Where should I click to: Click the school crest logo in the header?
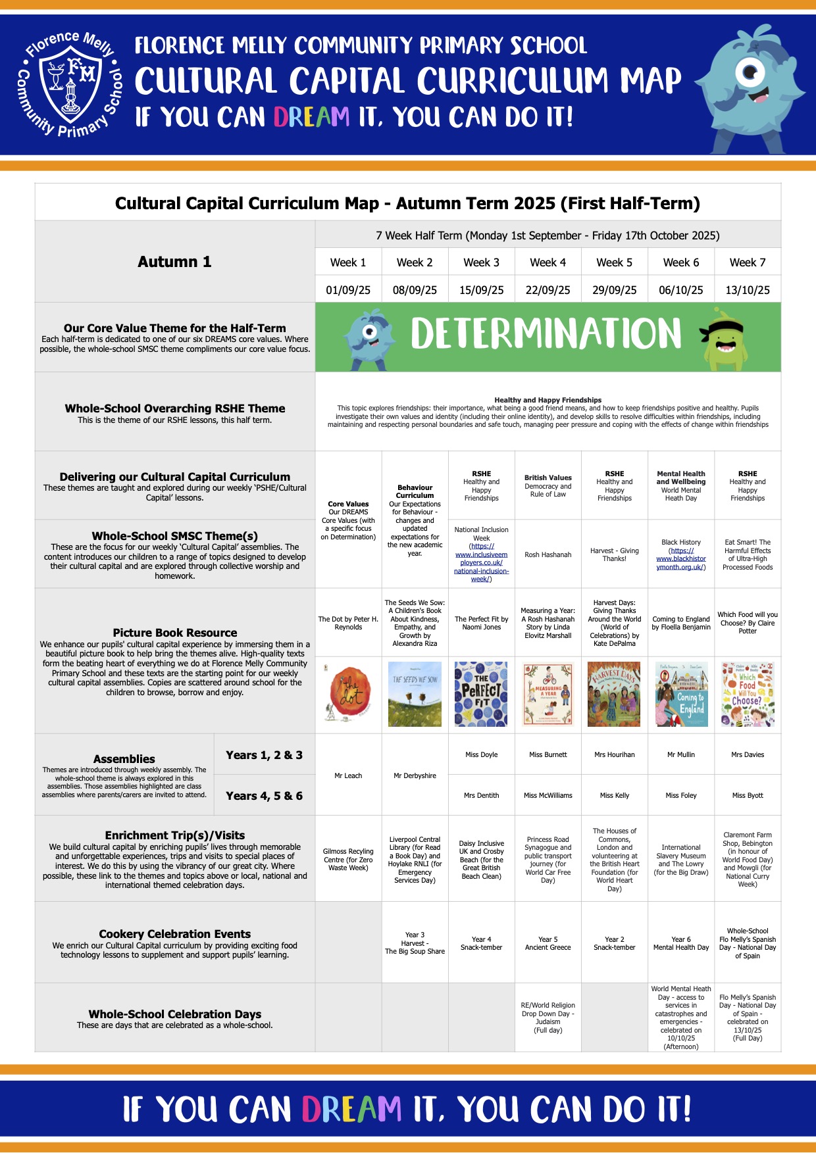coord(70,84)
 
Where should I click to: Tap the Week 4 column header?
coord(548,262)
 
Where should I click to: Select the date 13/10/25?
coord(748,290)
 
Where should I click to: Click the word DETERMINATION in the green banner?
coord(546,333)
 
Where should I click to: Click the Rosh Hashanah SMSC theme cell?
coord(548,554)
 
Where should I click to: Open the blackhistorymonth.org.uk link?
coord(681,558)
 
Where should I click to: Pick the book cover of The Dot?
coord(348,695)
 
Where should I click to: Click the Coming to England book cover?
coord(681,695)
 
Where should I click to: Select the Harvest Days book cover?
coord(614,695)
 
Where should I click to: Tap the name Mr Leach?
coord(348,775)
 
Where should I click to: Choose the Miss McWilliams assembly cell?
coord(548,795)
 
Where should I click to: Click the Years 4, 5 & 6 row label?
coord(264,796)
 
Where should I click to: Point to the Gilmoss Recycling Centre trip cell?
coord(348,860)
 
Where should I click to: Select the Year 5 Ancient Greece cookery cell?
coord(548,943)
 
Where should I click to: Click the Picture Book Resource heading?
coord(174,633)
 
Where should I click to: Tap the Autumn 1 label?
coord(174,262)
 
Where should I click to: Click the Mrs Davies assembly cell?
coord(748,754)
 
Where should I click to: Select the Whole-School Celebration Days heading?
coord(174,1014)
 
